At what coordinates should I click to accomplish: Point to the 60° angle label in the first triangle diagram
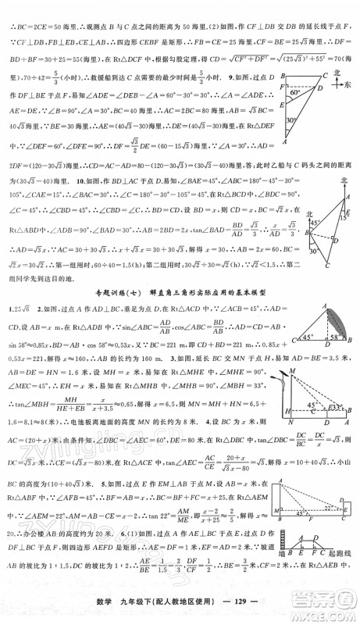(295, 92)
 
